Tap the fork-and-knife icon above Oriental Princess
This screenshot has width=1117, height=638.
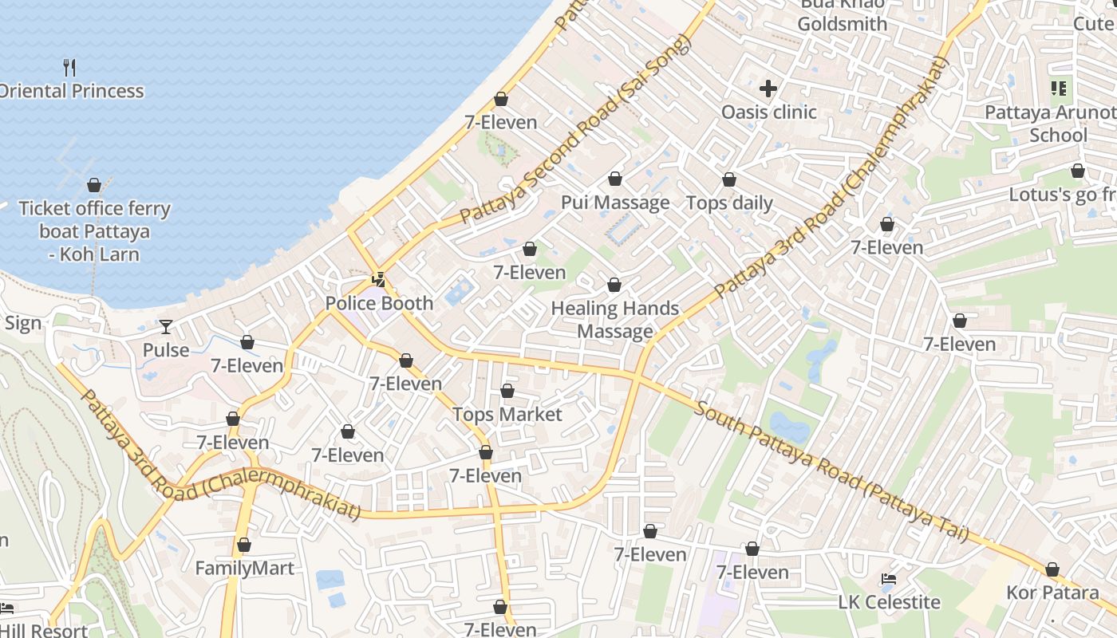click(x=69, y=67)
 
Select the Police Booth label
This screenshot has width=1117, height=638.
click(x=379, y=303)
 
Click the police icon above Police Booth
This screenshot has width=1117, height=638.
click(x=379, y=280)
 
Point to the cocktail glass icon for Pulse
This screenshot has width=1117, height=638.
click(x=165, y=326)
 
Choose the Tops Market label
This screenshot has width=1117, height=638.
click(x=507, y=415)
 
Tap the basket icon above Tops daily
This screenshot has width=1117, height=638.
click(x=729, y=179)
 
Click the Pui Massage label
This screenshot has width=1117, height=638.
click(x=615, y=203)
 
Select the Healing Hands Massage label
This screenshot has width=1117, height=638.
click(x=615, y=320)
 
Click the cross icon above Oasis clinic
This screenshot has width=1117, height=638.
click(x=768, y=89)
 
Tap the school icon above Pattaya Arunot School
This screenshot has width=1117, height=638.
click(x=1059, y=89)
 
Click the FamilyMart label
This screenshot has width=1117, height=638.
click(x=245, y=569)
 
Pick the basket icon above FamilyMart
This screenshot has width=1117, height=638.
click(x=244, y=545)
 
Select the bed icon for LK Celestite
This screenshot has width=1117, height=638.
click(x=889, y=579)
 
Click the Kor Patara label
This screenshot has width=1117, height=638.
click(x=1052, y=593)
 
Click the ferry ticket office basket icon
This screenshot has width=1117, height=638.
click(x=94, y=185)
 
